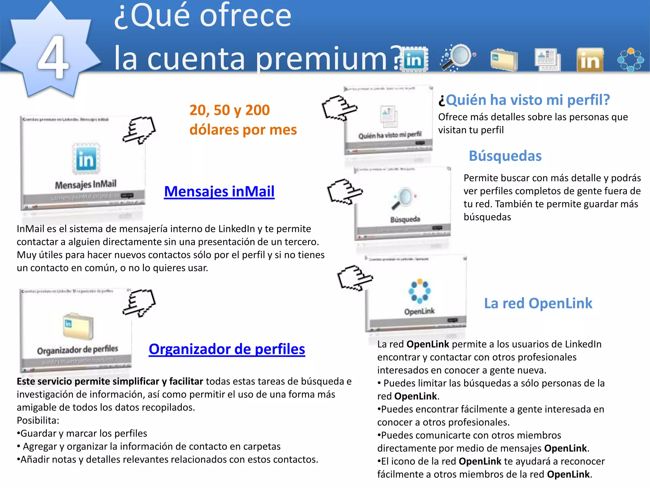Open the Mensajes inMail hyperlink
pos(219,192)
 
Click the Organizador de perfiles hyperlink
pos(227,349)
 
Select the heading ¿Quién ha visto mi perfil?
pos(524,100)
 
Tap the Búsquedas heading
pos(505,156)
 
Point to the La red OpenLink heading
pos(538,303)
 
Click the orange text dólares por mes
pos(243,130)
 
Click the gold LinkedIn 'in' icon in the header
pos(590,60)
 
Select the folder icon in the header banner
pos(504,59)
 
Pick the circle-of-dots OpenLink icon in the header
pos(630,60)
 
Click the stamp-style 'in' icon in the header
pos(414,60)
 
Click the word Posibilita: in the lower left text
pos(38,421)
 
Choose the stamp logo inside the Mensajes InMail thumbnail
pos(86,159)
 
